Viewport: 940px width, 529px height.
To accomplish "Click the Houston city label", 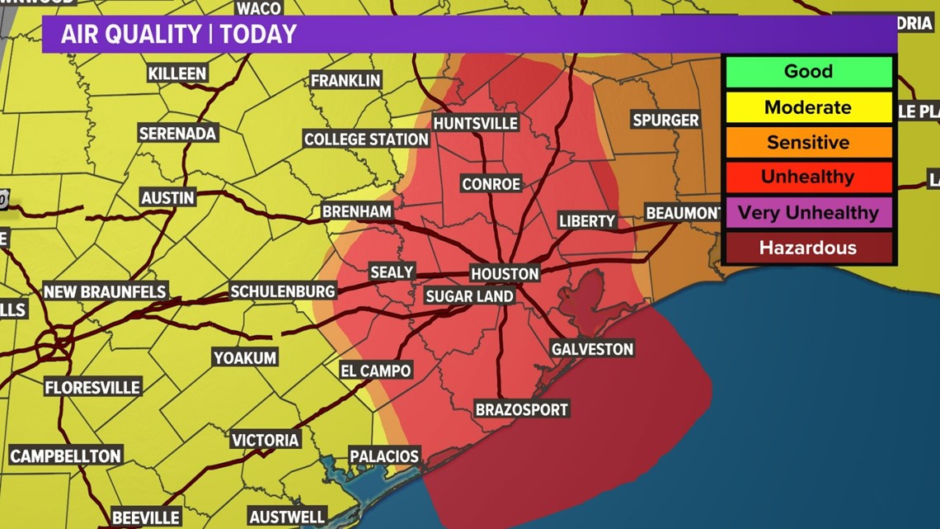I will pos(505,274).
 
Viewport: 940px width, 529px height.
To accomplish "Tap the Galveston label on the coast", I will pos(592,349).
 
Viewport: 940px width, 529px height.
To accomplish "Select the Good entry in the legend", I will pos(808,72).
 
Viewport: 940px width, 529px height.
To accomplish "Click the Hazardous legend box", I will pos(808,248).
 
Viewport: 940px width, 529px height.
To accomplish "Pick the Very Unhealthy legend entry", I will pos(808,213).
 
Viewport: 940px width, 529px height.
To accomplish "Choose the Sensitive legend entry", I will pos(808,143).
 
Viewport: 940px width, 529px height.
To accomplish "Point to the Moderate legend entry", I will pos(808,107).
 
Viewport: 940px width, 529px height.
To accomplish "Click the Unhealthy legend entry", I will pos(808,177).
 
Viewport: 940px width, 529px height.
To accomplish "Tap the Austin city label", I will pos(167,198).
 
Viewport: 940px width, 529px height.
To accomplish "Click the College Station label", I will pos(366,139).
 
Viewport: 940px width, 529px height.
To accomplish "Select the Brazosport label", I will pos(522,409).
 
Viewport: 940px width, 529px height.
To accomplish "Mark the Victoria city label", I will pos(265,440).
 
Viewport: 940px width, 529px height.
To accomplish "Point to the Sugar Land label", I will pos(469,296).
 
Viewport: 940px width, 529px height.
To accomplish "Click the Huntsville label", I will pos(476,123).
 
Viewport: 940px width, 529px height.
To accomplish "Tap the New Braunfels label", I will pos(105,292).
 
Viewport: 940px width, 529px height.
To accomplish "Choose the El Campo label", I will pos(375,371).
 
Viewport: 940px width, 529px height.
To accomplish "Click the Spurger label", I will pos(665,120).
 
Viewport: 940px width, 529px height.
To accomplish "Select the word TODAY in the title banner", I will pos(259,35).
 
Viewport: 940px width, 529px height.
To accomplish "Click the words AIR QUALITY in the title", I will pos(131,35).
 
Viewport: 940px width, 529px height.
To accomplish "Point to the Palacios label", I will pos(384,456).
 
